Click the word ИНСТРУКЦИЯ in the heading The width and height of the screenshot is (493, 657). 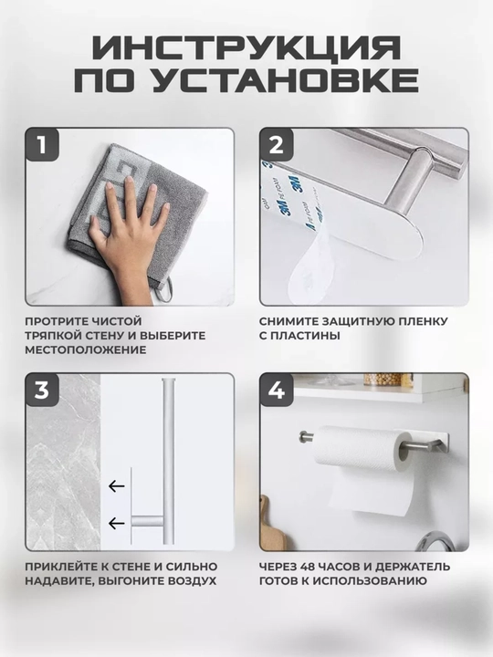(x=246, y=48)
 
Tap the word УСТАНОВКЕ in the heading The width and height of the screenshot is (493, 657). (x=285, y=79)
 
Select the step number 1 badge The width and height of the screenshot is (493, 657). (x=42, y=145)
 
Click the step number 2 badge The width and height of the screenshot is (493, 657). (x=277, y=145)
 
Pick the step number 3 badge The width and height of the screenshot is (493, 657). (x=42, y=391)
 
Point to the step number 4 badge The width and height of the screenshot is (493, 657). (x=277, y=391)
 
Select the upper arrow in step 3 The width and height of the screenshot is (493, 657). (x=117, y=486)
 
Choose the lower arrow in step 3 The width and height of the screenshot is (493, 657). (x=117, y=523)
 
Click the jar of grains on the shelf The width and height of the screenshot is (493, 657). (x=383, y=380)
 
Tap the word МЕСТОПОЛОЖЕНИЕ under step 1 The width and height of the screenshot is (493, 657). (x=86, y=349)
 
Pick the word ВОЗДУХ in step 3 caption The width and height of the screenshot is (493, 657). (x=193, y=581)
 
